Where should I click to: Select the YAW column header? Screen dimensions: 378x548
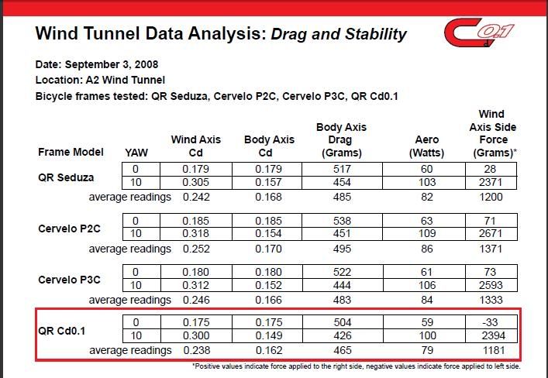(136, 153)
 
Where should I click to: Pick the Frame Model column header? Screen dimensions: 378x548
(71, 152)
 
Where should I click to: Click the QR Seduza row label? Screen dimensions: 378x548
(66, 177)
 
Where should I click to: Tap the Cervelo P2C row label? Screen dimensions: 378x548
(70, 229)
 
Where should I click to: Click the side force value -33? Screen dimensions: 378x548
(492, 323)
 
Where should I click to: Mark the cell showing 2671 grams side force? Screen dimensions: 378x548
(492, 234)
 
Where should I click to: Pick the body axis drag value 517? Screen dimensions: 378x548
(341, 170)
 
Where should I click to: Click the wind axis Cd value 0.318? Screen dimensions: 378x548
(196, 234)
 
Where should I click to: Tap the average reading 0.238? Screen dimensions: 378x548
(196, 350)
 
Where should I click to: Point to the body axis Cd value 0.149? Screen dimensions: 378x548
(269, 336)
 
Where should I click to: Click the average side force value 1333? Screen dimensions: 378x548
(492, 300)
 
